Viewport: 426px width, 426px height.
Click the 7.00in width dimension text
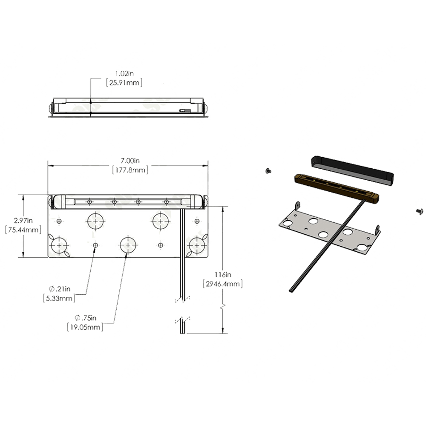tap(130, 161)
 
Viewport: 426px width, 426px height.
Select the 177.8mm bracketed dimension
tap(130, 170)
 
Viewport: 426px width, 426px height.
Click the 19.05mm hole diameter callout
tap(85, 327)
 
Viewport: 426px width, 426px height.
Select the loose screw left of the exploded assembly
tap(268, 171)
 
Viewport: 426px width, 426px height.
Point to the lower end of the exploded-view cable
tap(291, 290)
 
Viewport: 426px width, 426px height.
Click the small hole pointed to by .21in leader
tap(95, 245)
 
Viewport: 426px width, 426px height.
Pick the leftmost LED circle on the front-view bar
tap(89, 201)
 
